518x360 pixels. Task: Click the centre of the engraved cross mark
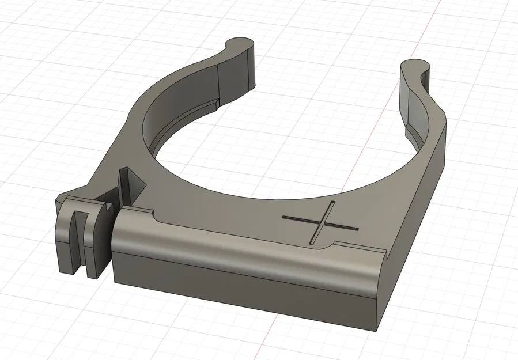(x=322, y=223)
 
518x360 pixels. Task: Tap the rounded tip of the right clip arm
(x=416, y=64)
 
